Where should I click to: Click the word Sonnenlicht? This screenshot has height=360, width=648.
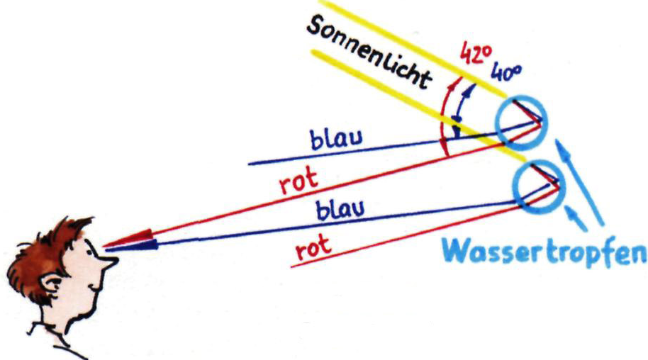click(x=369, y=53)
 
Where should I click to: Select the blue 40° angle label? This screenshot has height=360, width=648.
click(x=506, y=73)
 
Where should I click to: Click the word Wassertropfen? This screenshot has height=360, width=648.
click(x=544, y=251)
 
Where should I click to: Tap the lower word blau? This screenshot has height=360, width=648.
click(x=340, y=209)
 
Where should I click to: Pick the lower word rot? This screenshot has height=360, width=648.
click(x=313, y=247)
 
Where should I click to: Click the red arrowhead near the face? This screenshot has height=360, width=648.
click(x=130, y=240)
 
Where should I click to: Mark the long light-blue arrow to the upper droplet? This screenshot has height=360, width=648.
click(x=579, y=182)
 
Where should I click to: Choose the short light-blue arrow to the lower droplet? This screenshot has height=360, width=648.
click(x=576, y=218)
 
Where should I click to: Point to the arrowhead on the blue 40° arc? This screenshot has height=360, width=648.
click(x=468, y=91)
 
